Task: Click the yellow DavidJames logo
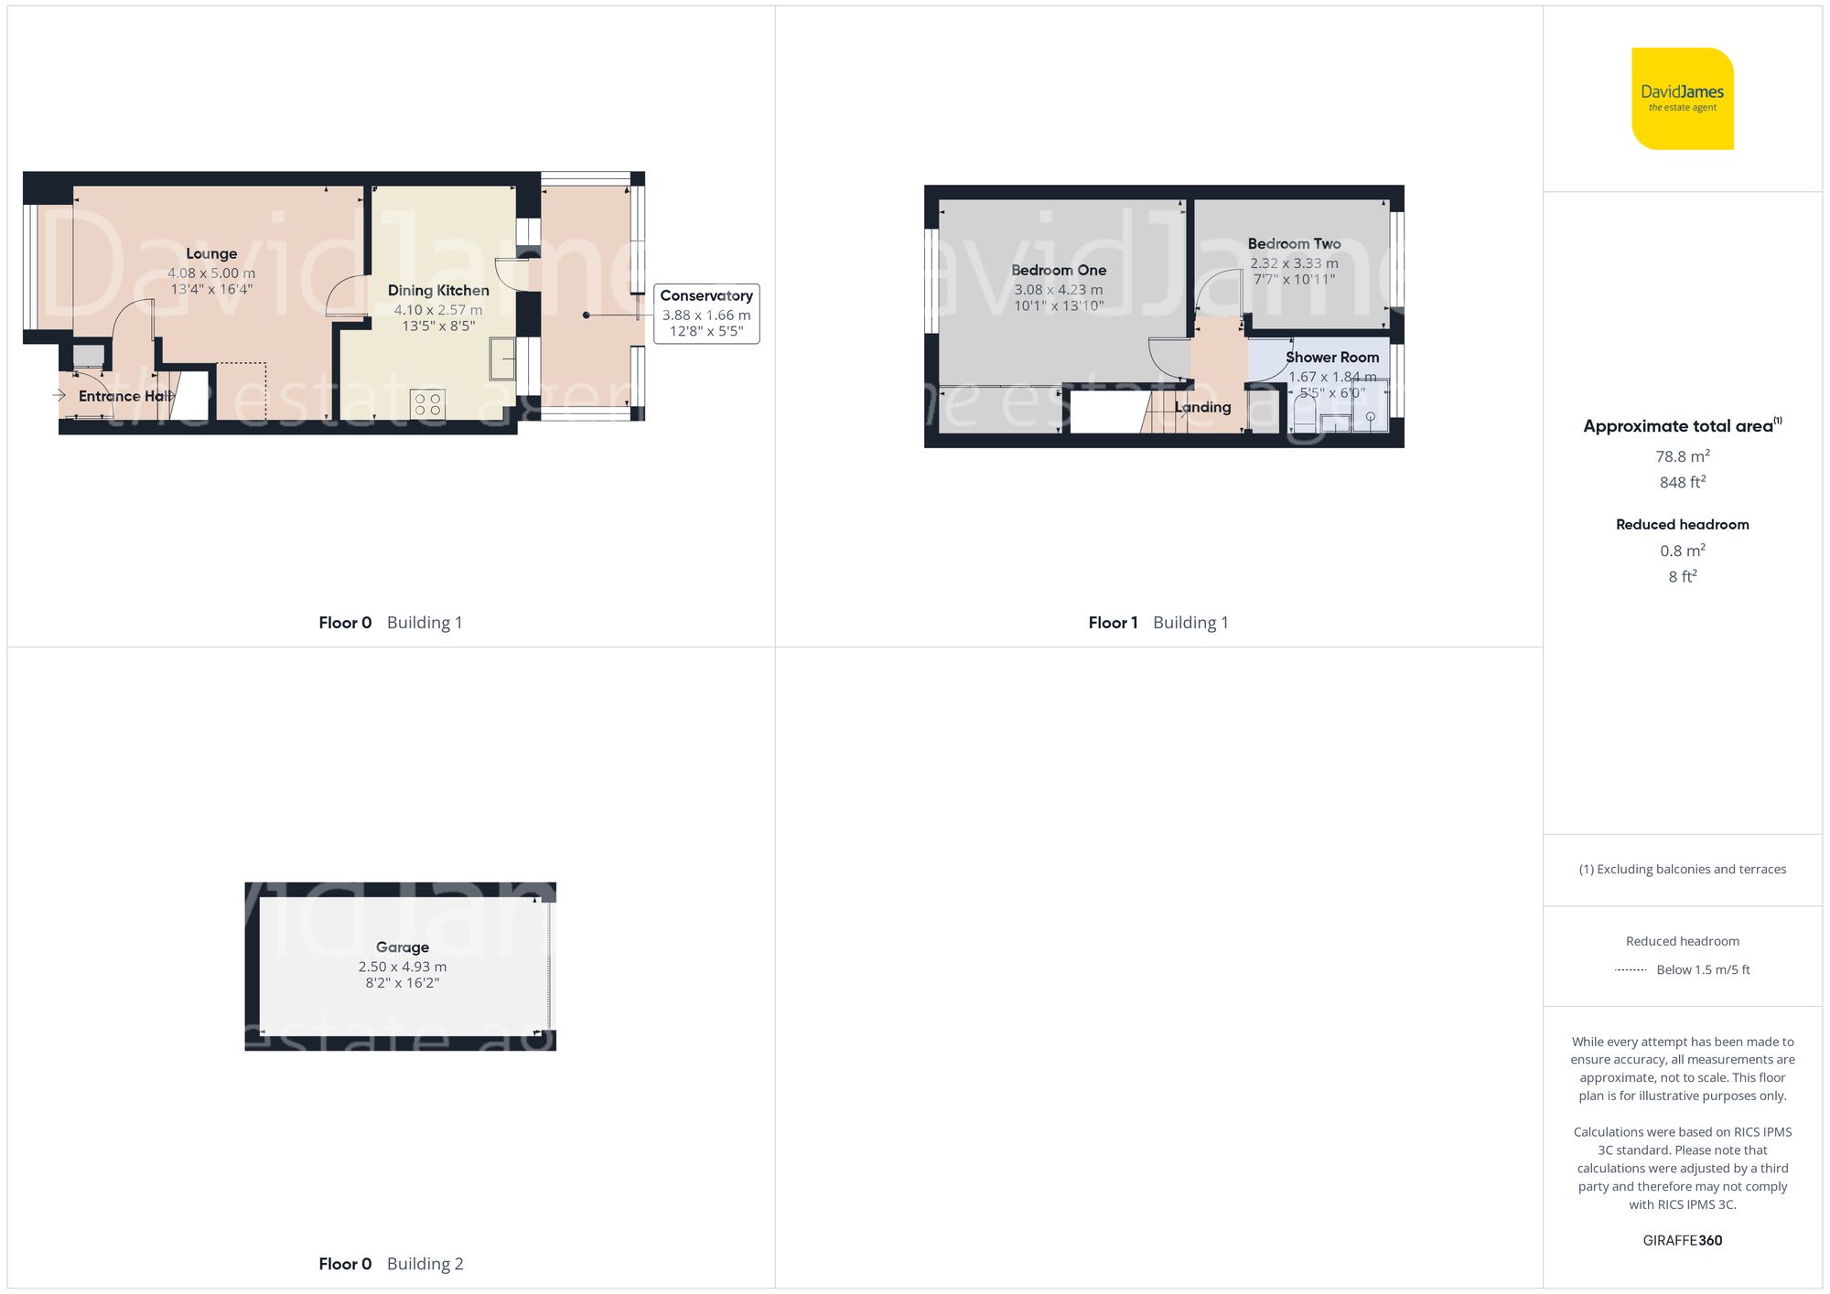pyautogui.click(x=1682, y=99)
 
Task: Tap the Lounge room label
pyautogui.click(x=211, y=254)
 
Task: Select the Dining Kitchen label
pyautogui.click(x=438, y=291)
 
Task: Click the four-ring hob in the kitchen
pyautogui.click(x=427, y=404)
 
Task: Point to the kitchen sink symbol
pyautogui.click(x=502, y=358)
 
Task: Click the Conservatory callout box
pyautogui.click(x=706, y=314)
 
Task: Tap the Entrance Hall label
pyautogui.click(x=124, y=396)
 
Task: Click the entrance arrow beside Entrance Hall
pyautogui.click(x=59, y=395)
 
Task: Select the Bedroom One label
pyautogui.click(x=1059, y=271)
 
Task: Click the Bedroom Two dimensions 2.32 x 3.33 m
pyautogui.click(x=1294, y=263)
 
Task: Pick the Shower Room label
pyautogui.click(x=1331, y=358)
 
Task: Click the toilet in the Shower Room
pyautogui.click(x=1304, y=416)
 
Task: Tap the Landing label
pyautogui.click(x=1202, y=408)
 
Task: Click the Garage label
pyautogui.click(x=402, y=947)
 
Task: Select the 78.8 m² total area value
pyautogui.click(x=1682, y=456)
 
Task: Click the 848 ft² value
pyautogui.click(x=1682, y=482)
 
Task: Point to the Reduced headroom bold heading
pyautogui.click(x=1682, y=525)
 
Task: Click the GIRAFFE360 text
pyautogui.click(x=1682, y=1241)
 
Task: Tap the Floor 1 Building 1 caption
pyautogui.click(x=1157, y=623)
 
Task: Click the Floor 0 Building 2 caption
pyautogui.click(x=391, y=1264)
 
